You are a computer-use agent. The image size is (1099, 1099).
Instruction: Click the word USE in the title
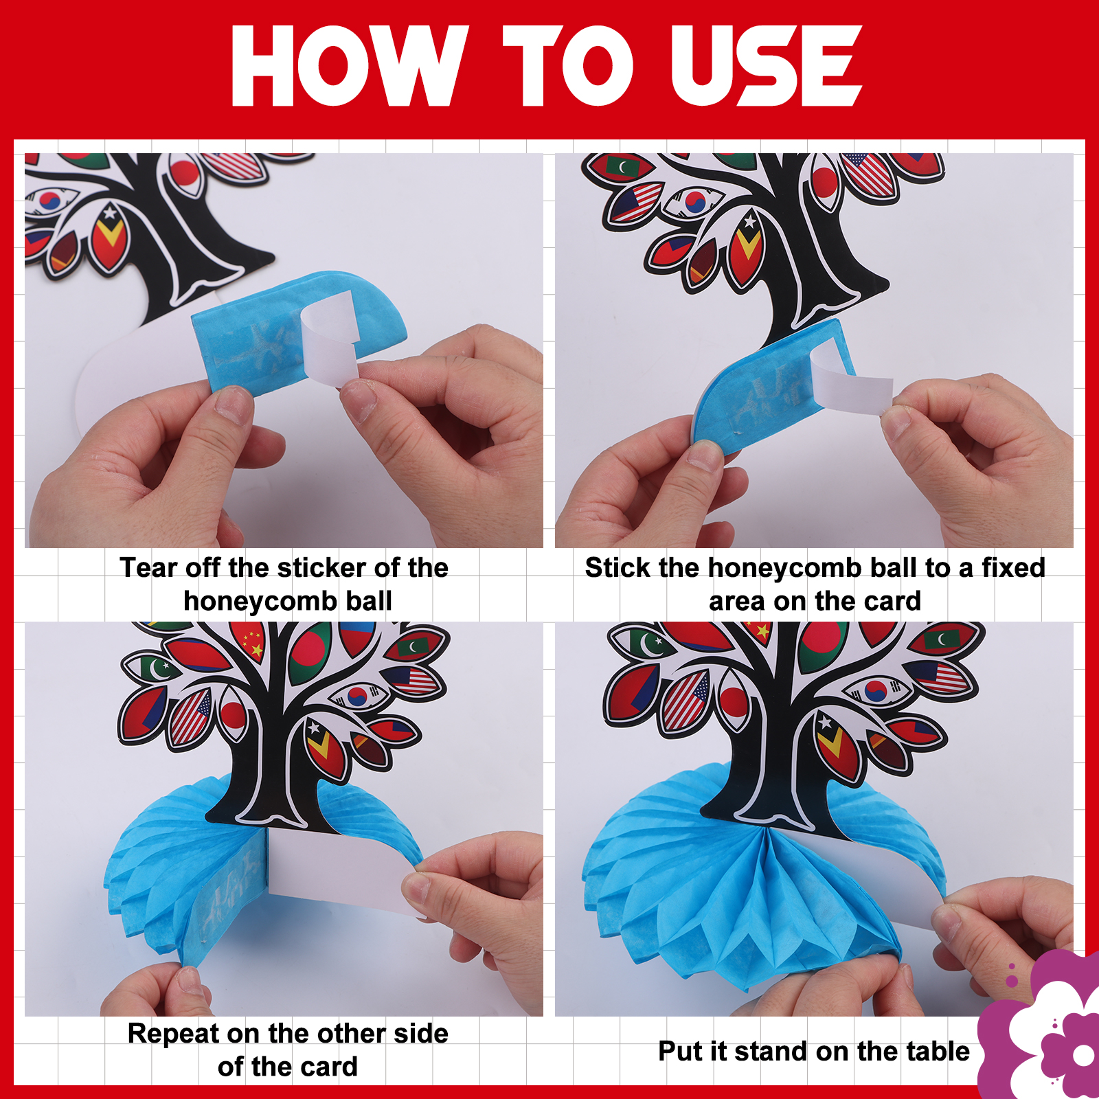(x=765, y=66)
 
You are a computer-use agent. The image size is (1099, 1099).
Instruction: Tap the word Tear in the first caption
(x=148, y=568)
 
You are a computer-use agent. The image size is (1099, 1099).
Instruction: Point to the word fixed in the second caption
(x=1013, y=568)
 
